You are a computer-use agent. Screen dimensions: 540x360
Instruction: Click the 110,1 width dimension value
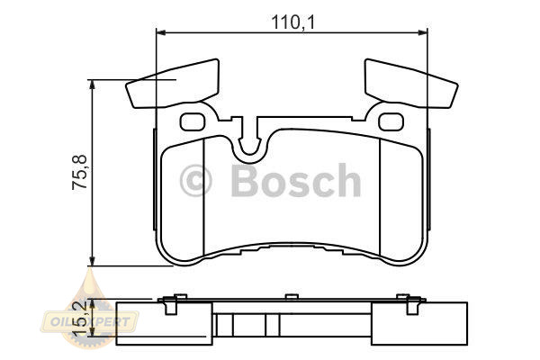tap(293, 22)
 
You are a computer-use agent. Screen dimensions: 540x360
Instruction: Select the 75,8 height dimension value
tap(80, 172)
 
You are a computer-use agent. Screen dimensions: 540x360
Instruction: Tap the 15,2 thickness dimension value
tap(79, 318)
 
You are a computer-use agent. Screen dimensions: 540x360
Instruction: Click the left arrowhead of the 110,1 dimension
tap(161, 32)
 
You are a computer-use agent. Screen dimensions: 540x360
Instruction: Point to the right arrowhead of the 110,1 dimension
tap(423, 32)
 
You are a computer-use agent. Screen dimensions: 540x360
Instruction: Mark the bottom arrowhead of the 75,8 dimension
tap(92, 260)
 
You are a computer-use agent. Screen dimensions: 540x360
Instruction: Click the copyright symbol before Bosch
tap(195, 181)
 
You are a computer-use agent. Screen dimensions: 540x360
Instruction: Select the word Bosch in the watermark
tap(296, 180)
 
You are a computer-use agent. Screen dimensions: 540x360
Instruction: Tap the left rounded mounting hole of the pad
tap(193, 121)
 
